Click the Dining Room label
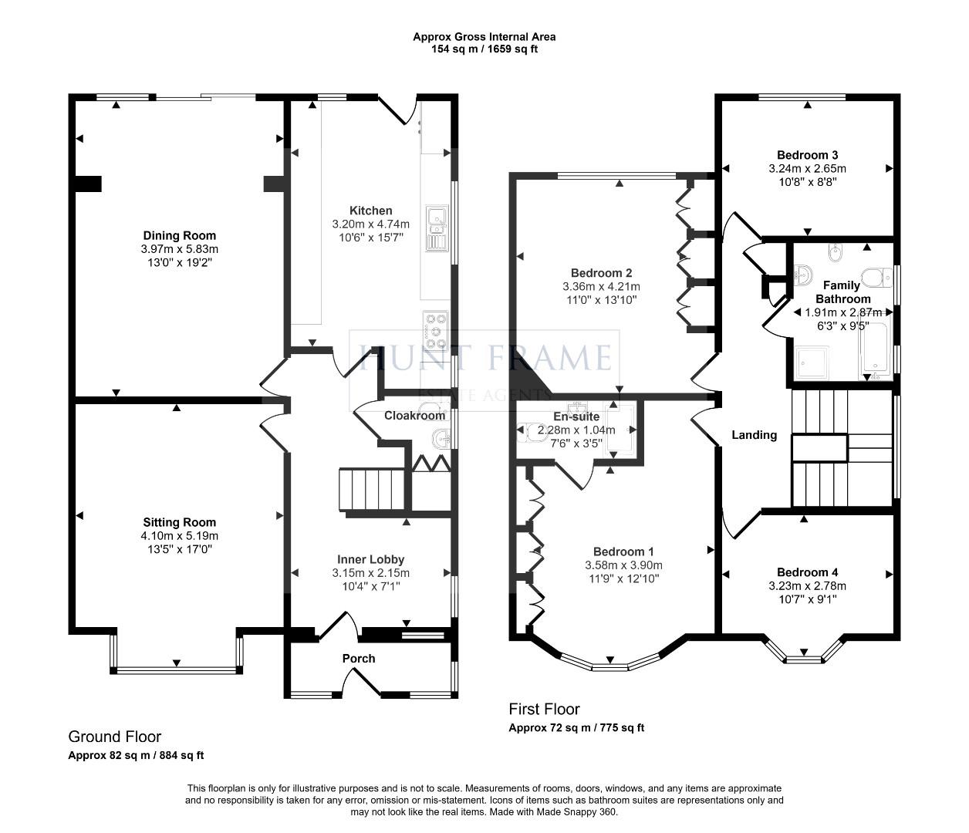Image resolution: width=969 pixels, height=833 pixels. (x=179, y=235)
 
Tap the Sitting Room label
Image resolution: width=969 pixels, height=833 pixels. (x=179, y=522)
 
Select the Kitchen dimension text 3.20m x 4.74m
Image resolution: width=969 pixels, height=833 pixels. (x=370, y=224)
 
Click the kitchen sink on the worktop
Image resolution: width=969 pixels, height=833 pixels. (x=436, y=228)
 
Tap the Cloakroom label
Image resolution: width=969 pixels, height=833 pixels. (x=414, y=416)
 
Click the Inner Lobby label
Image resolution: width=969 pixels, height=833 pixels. (x=370, y=559)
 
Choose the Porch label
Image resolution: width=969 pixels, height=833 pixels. (x=359, y=658)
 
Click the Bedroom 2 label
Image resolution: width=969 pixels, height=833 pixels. (x=601, y=272)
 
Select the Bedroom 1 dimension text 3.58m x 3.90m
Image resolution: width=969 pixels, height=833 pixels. (x=623, y=565)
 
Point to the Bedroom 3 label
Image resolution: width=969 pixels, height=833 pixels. (x=807, y=154)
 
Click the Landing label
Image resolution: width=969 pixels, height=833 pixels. (x=754, y=435)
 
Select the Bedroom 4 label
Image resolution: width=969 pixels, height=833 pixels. (x=807, y=572)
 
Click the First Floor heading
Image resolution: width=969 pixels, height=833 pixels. (x=544, y=709)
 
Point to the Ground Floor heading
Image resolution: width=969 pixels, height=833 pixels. (x=115, y=737)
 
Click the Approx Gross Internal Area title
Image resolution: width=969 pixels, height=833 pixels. (x=484, y=36)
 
